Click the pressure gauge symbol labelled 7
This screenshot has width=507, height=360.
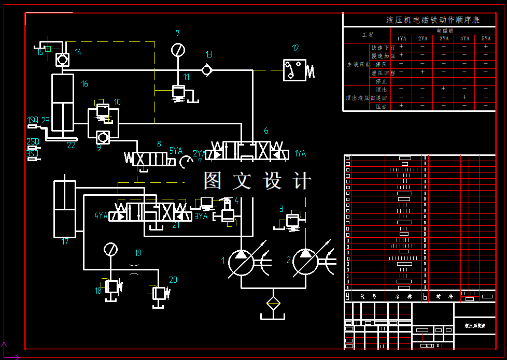click(178, 50)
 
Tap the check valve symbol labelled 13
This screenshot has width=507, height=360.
click(207, 69)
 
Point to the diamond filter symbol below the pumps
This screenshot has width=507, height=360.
click(273, 303)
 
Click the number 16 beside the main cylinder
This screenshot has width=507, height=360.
click(84, 84)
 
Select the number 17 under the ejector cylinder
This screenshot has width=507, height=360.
click(65, 241)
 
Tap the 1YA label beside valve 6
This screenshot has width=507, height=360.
click(300, 154)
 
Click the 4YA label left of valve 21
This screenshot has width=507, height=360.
click(101, 216)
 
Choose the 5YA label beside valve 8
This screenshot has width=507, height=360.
click(176, 151)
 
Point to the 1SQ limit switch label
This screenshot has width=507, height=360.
click(32, 120)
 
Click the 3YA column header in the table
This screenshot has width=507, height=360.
click(444, 39)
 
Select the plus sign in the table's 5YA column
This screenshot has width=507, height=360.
click(486, 47)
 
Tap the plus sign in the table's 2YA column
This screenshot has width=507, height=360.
click(422, 72)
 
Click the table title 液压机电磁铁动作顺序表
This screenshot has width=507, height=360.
click(433, 20)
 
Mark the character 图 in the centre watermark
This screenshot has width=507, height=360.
click(213, 181)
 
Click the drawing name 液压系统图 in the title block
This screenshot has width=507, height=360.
click(475, 326)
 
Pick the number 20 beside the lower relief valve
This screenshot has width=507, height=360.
click(173, 280)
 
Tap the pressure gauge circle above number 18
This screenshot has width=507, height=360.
click(110, 250)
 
